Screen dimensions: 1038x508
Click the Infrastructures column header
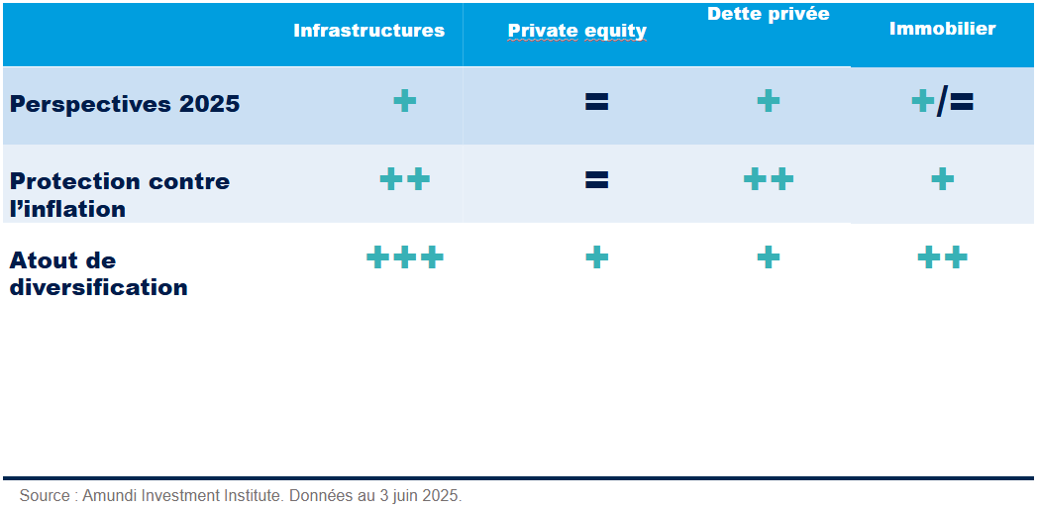coord(368,31)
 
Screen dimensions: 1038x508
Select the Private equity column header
coord(576,32)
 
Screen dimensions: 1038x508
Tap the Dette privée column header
coord(768,14)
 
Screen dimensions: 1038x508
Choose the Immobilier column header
coord(942,29)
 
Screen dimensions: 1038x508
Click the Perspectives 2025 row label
coord(125,105)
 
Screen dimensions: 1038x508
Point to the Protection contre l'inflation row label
coord(120,195)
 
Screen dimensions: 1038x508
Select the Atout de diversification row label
coord(99,274)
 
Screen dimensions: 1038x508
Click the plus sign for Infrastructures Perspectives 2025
coord(404,101)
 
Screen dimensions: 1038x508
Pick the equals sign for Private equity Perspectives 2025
coord(596,101)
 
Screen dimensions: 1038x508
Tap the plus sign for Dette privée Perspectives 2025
coord(768,101)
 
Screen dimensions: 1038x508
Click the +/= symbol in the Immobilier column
coord(942,102)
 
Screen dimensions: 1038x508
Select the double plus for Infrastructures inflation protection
coord(404,179)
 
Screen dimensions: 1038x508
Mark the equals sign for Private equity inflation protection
coord(596,179)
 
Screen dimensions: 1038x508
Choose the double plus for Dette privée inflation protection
coord(768,179)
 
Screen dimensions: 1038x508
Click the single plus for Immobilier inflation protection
coord(942,179)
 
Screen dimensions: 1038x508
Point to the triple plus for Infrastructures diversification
coord(404,257)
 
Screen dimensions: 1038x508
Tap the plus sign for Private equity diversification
coord(596,257)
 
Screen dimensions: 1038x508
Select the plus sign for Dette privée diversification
coord(768,257)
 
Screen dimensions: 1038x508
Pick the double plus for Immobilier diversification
coord(942,257)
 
